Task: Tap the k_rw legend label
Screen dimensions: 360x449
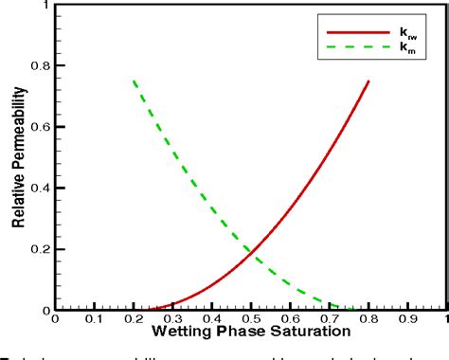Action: coord(411,31)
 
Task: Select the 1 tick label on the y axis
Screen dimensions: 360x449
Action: coord(45,6)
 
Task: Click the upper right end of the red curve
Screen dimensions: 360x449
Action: coord(368,81)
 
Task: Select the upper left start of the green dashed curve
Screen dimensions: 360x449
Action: coord(134,81)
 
